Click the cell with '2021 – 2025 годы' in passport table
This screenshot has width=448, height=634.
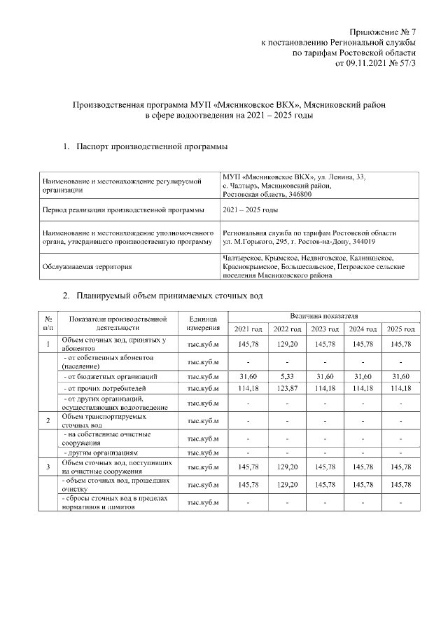250,209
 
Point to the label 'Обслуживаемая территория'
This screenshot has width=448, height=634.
90,267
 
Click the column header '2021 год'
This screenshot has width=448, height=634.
248,329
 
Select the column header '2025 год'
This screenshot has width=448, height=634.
401,329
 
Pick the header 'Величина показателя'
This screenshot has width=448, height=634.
324,317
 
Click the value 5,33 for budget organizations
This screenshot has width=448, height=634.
286,377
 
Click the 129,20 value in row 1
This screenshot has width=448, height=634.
286,344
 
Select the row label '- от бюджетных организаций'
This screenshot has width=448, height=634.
104,377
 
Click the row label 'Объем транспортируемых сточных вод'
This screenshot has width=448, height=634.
104,420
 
